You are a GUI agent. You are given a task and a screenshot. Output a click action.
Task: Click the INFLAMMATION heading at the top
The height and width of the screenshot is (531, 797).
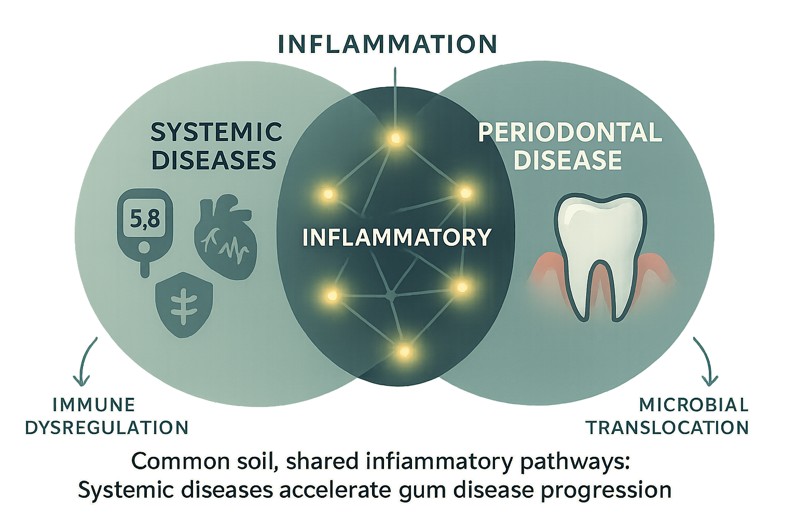click(387, 44)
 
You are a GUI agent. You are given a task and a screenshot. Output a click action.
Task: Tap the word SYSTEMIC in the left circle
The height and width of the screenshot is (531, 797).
click(216, 132)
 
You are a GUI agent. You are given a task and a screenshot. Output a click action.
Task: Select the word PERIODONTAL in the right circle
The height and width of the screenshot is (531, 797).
click(570, 133)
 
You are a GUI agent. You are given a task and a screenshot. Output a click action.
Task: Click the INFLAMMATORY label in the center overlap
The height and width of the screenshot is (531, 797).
click(397, 237)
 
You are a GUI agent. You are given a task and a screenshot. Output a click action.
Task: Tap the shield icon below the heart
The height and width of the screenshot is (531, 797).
click(184, 305)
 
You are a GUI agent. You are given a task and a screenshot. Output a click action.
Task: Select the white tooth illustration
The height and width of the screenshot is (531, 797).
click(600, 254)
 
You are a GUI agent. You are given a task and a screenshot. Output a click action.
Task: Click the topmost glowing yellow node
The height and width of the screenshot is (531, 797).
click(395, 138)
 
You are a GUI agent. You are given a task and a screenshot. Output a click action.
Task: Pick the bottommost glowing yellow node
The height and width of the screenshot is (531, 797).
click(404, 352)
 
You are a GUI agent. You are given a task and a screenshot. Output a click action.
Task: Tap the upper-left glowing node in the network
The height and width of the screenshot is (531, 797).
click(327, 194)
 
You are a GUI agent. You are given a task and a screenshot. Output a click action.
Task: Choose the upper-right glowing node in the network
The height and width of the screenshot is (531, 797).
click(465, 193)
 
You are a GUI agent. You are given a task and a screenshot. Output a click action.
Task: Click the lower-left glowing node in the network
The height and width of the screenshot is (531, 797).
click(332, 296)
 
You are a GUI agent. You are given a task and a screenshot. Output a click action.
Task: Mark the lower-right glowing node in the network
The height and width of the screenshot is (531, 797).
click(461, 287)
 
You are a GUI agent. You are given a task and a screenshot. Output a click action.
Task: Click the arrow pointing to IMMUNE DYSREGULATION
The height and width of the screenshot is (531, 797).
click(87, 363)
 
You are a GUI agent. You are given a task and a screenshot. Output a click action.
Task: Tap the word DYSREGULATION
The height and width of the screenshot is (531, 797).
click(107, 428)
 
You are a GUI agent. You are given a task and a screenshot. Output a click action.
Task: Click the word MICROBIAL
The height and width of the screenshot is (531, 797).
click(694, 405)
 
